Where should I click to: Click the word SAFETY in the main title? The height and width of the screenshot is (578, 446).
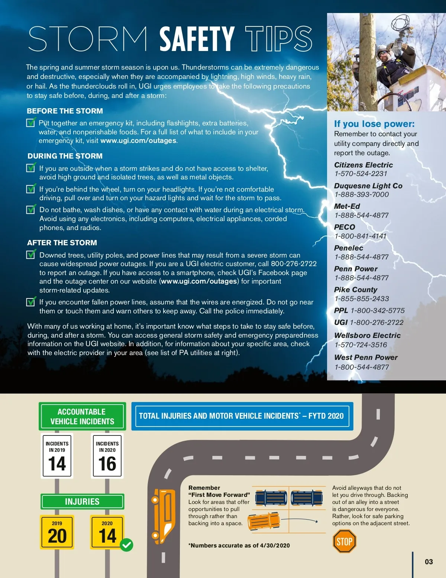coord(197,39)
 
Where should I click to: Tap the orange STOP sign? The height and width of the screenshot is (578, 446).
coord(344,542)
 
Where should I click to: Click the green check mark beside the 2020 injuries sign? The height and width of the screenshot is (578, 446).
coord(126,545)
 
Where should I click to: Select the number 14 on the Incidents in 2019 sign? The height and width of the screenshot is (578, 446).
coord(57,464)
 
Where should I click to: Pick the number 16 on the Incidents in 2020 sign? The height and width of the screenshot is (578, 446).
coord(107,464)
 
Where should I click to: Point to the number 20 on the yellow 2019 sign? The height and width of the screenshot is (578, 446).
coord(57,536)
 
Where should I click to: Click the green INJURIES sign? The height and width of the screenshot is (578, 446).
coord(82,502)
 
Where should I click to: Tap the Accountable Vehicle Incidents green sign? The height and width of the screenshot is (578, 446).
coord(82,416)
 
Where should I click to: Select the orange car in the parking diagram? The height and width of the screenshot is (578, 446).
coord(264,521)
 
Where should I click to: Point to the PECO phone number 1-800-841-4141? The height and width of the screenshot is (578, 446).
coord(360,236)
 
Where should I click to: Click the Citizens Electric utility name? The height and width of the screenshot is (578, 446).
coord(363,165)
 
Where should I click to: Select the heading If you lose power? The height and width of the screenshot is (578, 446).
coord(374,124)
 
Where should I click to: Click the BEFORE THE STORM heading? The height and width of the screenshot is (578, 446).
coord(65,111)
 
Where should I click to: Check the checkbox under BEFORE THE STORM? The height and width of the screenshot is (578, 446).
coord(31,122)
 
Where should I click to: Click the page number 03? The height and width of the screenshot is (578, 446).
coord(429,562)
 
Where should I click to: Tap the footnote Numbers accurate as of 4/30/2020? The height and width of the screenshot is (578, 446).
coord(239,545)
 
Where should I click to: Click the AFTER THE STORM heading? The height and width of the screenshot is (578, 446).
coord(62,243)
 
